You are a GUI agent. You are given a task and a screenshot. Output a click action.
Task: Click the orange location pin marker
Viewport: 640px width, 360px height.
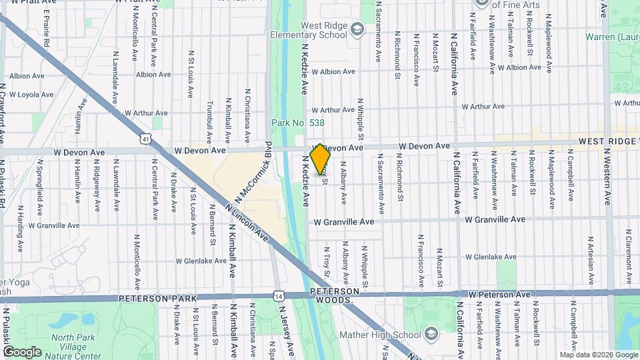coord(321,159)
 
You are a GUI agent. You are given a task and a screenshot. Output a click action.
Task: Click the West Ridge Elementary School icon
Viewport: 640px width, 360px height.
coord(357,28)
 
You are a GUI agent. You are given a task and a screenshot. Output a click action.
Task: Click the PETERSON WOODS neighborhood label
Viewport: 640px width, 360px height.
coord(338,296)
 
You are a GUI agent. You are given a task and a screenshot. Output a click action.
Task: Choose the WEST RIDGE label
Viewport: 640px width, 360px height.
coord(607,141)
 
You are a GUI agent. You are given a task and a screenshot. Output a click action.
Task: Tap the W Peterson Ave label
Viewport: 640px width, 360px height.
coord(499,294)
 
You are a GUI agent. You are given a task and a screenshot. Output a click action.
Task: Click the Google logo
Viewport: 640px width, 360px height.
coord(21,352)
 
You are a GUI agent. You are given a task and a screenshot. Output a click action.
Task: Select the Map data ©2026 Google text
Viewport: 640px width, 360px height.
coord(597,355)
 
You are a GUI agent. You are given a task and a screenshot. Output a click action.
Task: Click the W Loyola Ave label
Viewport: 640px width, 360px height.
coord(31,95)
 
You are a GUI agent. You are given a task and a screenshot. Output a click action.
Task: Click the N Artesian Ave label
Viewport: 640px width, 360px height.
coord(591,257)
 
